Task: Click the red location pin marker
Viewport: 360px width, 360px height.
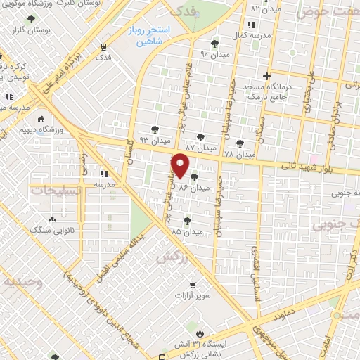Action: click(180, 165)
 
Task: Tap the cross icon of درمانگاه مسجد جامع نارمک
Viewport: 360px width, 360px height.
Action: click(266, 76)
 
